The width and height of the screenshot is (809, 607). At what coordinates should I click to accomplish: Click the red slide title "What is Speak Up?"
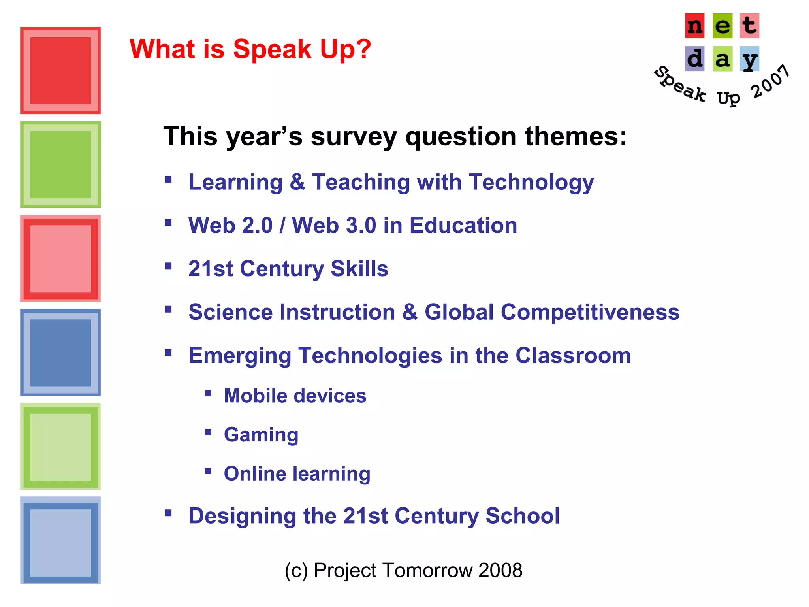pos(250,49)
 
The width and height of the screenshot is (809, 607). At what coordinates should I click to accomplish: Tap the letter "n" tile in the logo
pos(694,26)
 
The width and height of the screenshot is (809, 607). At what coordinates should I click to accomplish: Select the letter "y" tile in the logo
pos(749,59)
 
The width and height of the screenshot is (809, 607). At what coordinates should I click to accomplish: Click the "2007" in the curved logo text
pos(770,81)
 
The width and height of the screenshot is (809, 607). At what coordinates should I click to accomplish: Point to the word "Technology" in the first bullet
pos(531,183)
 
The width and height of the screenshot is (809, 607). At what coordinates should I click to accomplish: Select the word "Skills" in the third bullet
pos(359,269)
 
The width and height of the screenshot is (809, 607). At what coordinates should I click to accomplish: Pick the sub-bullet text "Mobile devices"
pos(295,396)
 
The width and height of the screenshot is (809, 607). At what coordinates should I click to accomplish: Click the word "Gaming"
pos(261,435)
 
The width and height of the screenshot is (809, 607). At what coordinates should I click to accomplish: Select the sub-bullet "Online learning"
pos(297,473)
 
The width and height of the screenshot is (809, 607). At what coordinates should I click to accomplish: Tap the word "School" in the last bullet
pos(522,516)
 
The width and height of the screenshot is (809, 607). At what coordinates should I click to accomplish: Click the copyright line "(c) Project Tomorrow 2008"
pos(403,570)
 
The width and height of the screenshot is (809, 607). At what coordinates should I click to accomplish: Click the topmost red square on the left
pos(60,71)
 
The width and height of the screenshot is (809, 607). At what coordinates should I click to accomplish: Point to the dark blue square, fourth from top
pos(60,353)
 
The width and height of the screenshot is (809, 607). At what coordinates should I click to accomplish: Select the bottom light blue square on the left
pos(60,540)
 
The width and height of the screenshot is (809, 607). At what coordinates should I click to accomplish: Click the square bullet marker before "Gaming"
pos(208,432)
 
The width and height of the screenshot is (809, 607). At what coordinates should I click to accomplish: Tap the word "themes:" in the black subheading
pos(575,136)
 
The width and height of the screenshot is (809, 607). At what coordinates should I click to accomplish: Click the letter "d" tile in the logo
pos(694,59)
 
